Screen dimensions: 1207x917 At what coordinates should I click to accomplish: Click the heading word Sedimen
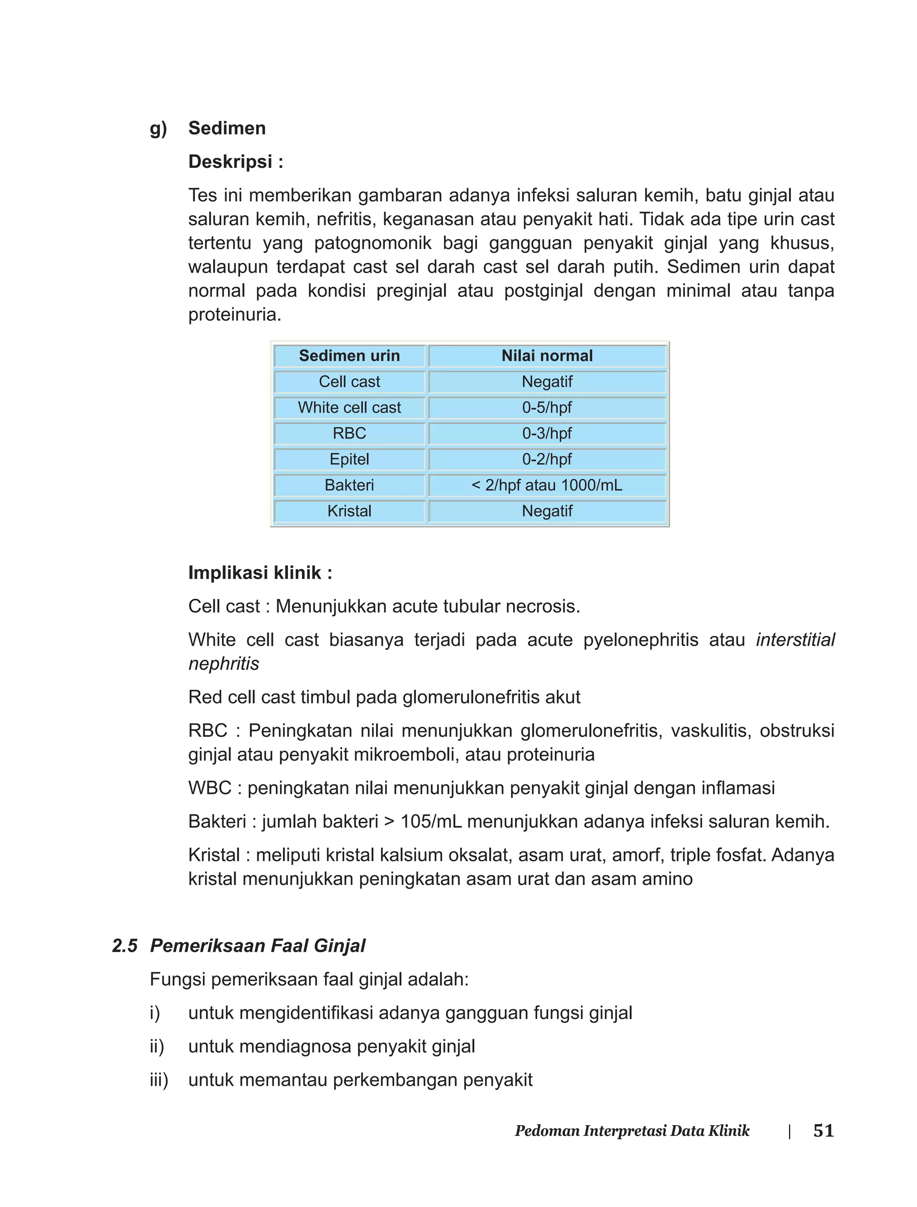tap(227, 128)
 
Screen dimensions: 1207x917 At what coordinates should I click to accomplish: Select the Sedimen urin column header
tap(349, 356)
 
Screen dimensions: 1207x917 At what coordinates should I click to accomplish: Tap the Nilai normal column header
tap(547, 356)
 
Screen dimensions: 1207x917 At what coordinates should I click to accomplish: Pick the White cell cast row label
tap(349, 408)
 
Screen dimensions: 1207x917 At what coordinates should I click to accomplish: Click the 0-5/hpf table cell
tap(547, 408)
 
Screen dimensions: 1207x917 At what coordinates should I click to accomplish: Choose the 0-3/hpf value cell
tap(547, 434)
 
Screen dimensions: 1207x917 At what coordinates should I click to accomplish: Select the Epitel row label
tap(349, 459)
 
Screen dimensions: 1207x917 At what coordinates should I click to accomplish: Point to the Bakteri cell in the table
tap(349, 485)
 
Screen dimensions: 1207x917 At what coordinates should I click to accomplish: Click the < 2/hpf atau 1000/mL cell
tap(547, 485)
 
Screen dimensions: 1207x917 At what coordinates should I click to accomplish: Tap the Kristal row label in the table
tap(349, 511)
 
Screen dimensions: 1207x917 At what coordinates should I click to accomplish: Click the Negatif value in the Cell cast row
tap(547, 382)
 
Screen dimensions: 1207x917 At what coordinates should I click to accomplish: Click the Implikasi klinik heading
tap(260, 573)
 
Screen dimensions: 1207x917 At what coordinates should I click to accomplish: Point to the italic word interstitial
tap(795, 640)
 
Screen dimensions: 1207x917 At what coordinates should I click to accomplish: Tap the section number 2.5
tap(124, 946)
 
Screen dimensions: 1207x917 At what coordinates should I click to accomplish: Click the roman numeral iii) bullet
tap(159, 1080)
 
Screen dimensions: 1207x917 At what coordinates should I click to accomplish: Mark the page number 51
tap(823, 1130)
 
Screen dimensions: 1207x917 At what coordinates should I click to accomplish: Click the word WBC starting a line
tap(210, 788)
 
